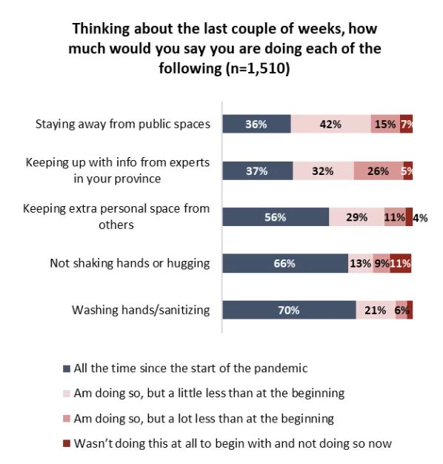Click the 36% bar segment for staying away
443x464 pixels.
coord(257,124)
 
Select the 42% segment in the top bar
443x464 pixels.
coord(331,124)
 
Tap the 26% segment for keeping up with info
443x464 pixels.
coord(379,170)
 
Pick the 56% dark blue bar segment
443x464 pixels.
coord(276,217)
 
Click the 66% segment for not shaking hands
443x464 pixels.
coord(285,263)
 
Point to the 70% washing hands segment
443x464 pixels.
coord(289,310)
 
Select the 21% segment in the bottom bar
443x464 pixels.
coord(376,310)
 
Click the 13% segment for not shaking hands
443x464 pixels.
coord(361,263)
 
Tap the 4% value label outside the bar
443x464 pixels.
coord(420,218)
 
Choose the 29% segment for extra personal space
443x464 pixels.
coord(357,217)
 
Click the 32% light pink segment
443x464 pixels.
coord(324,170)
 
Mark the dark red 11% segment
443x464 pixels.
coord(401,263)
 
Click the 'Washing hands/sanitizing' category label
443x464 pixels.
coord(141,310)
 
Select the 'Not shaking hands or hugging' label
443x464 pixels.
coord(130,263)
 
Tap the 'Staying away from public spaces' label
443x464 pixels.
coord(123,124)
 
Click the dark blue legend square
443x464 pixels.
coord(67,368)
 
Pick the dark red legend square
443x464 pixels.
coord(67,443)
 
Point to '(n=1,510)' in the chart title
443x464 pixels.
coord(258,69)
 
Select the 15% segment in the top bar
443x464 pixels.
coord(386,124)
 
